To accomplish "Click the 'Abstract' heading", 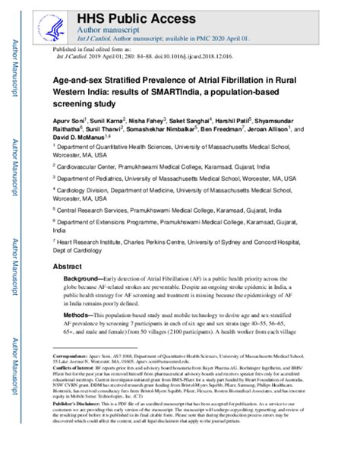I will [x=68, y=268].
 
